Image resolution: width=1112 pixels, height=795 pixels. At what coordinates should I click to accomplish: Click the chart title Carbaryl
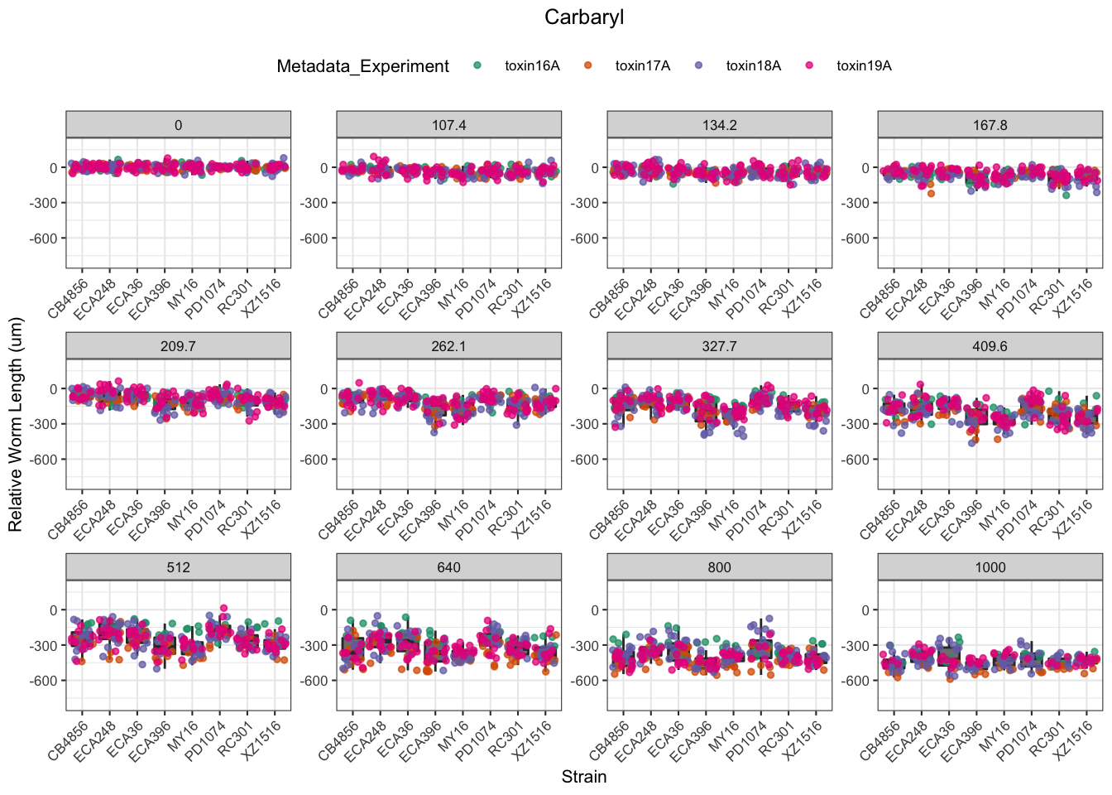click(x=584, y=17)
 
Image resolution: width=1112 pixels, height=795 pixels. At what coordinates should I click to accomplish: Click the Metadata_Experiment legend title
click(x=362, y=66)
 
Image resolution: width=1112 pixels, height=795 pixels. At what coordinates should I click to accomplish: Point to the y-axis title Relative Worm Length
click(x=16, y=425)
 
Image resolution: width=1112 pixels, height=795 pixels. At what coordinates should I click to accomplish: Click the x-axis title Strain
click(x=584, y=777)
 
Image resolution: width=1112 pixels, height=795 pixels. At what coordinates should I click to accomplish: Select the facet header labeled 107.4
click(x=448, y=125)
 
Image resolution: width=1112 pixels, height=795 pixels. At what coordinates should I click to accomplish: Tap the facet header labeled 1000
click(x=990, y=567)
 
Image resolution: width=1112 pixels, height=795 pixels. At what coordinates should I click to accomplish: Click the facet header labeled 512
click(x=178, y=567)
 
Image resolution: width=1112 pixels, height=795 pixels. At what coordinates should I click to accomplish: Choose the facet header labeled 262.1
click(x=448, y=346)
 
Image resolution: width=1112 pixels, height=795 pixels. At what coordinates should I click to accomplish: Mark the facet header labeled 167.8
click(x=990, y=125)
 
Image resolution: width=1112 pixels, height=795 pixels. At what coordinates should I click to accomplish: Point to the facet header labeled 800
click(x=719, y=567)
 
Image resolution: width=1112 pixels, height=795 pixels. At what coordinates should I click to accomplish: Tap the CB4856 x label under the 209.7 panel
click(x=68, y=521)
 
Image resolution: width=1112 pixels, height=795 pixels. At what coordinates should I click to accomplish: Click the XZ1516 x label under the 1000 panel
click(x=1072, y=741)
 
